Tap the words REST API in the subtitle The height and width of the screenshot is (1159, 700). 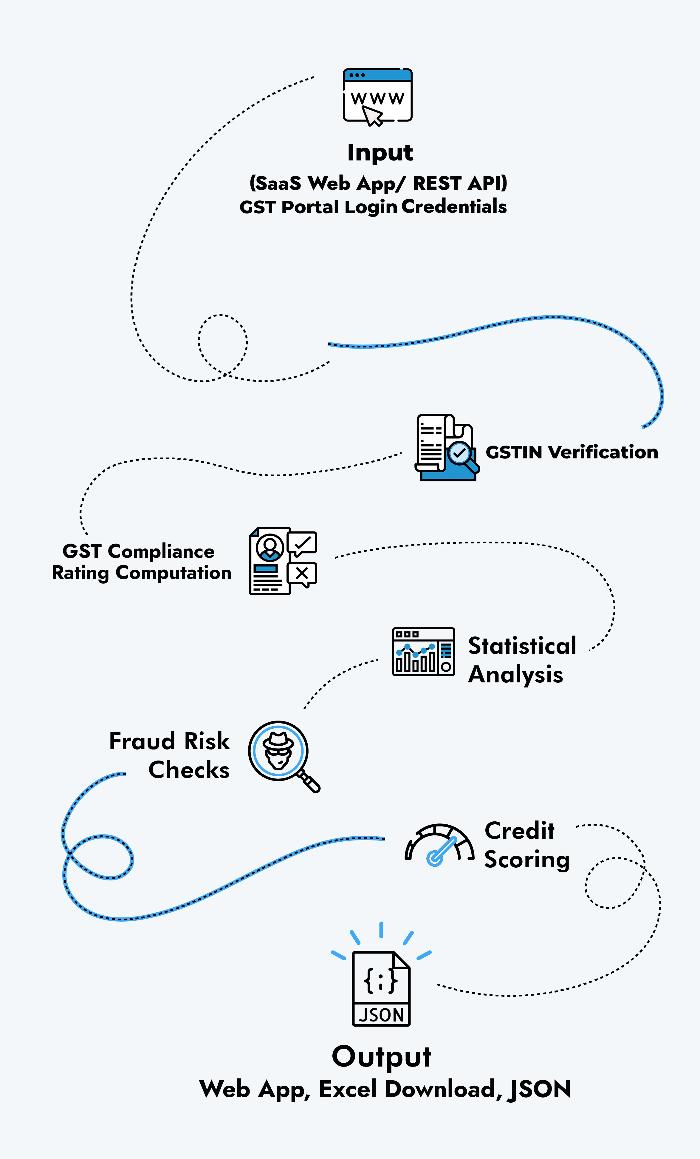point(460,183)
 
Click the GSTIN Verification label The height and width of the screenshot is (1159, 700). point(572,452)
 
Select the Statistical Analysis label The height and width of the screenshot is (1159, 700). point(522,660)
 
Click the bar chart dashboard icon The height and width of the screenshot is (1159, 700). point(423,652)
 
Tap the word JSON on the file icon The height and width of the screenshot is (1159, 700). point(381,1015)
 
